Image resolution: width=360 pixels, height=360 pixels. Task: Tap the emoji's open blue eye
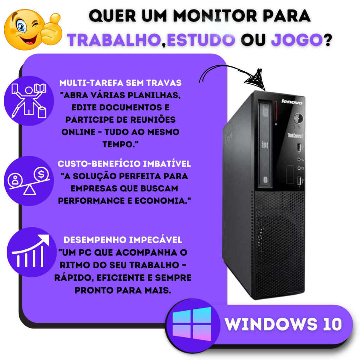click(x=21, y=27)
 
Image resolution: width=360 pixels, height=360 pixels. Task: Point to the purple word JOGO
click(x=297, y=40)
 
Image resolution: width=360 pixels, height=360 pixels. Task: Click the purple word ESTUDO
click(x=201, y=40)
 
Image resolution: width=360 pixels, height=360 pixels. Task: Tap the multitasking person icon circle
click(x=29, y=101)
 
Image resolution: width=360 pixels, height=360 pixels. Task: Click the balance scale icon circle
click(x=29, y=181)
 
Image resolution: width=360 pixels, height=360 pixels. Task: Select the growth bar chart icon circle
click(x=32, y=252)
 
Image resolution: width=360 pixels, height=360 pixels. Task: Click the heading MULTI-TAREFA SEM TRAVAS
click(x=120, y=83)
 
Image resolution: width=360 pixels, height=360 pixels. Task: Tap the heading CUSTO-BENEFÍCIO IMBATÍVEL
click(x=124, y=164)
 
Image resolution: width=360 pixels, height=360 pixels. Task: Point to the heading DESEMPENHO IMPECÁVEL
click(x=123, y=240)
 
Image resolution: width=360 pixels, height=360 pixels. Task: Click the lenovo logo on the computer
click(x=292, y=102)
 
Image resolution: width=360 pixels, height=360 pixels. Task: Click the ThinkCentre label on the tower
click(x=295, y=135)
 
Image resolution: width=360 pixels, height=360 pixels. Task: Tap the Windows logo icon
click(x=192, y=324)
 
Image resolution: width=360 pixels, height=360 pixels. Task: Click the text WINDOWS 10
click(x=283, y=324)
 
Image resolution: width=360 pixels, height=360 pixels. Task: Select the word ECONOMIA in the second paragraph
click(x=162, y=201)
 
